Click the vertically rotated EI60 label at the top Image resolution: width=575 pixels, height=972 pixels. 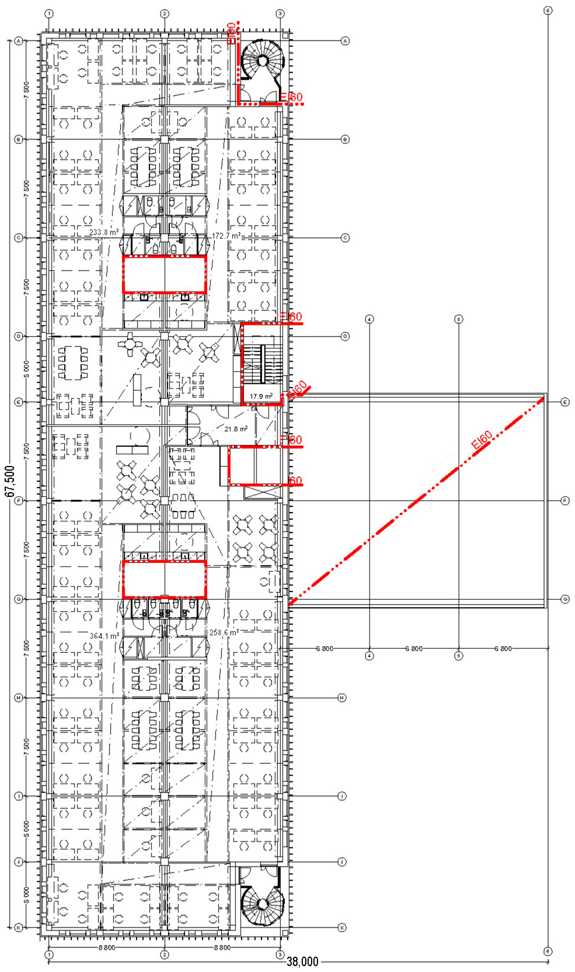231,33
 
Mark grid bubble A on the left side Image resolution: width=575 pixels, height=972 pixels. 18,41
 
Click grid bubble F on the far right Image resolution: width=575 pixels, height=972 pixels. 565,501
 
